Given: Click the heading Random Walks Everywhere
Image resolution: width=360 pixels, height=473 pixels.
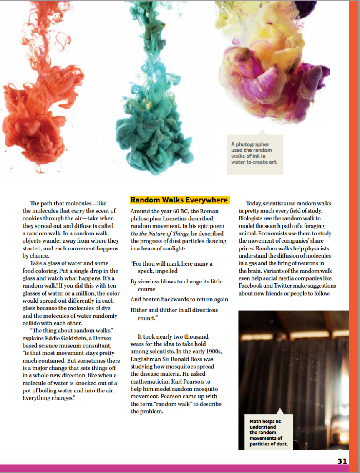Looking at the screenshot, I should click(x=179, y=200).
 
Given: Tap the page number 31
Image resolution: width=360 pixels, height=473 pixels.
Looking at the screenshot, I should click(x=342, y=461).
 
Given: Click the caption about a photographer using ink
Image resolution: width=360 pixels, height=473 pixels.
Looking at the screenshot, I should click(x=254, y=153).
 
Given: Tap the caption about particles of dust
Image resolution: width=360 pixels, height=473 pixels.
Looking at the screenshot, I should click(x=266, y=433).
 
